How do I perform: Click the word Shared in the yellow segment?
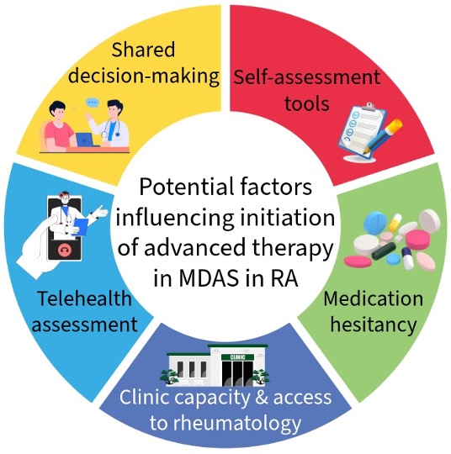point(143,50)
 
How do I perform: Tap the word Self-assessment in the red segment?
point(307,77)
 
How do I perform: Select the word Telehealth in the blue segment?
point(85,298)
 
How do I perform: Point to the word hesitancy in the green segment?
point(374,325)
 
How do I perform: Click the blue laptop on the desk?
point(84,140)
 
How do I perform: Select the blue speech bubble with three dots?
point(93,103)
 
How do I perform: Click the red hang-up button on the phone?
point(65,251)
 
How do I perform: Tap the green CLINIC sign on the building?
point(237,357)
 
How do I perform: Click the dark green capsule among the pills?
point(383,251)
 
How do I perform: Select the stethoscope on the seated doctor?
point(111,129)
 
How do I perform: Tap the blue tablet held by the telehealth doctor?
point(82,227)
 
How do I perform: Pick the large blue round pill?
point(375,223)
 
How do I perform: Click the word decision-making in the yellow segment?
point(144,76)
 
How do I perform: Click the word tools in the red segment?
point(307,103)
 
